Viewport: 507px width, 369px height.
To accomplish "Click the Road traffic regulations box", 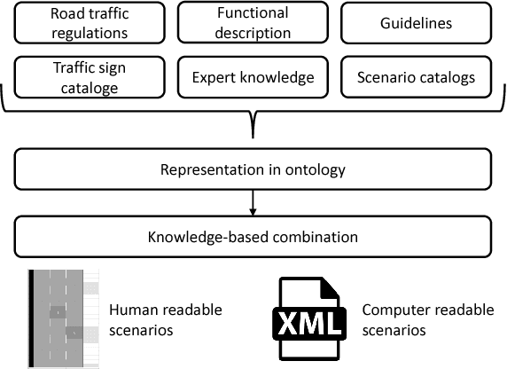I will [x=89, y=24].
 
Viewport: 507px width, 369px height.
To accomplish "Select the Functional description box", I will [x=253, y=24].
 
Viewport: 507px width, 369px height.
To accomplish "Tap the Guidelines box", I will [x=417, y=24].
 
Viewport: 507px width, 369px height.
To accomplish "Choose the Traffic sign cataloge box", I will [x=89, y=77].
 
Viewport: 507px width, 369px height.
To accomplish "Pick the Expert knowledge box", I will [x=253, y=77].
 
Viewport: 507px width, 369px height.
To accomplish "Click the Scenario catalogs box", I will [x=417, y=77].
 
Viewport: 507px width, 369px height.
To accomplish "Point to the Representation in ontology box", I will [x=253, y=169].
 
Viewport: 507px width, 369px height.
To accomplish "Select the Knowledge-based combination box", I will [x=253, y=236].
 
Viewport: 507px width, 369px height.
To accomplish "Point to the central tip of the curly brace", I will [x=253, y=133].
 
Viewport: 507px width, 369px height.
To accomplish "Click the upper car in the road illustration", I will [x=58, y=312].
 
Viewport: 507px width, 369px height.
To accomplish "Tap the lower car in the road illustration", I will [x=74, y=333].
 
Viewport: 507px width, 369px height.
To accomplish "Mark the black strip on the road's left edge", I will [x=33, y=318].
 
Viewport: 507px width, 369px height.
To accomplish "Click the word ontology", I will [x=315, y=169].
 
